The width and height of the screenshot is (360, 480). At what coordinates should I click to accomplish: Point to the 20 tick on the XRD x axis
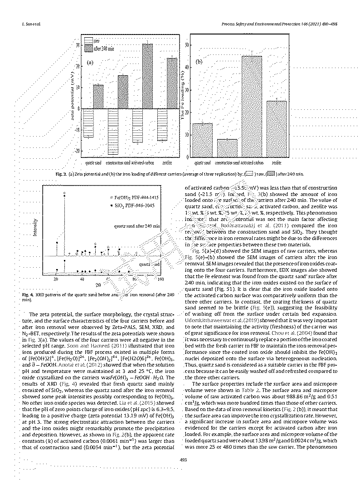pyautogui.click(x=56, y=279)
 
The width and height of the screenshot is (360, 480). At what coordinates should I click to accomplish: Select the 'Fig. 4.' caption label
pyautogui.click(x=29, y=295)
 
